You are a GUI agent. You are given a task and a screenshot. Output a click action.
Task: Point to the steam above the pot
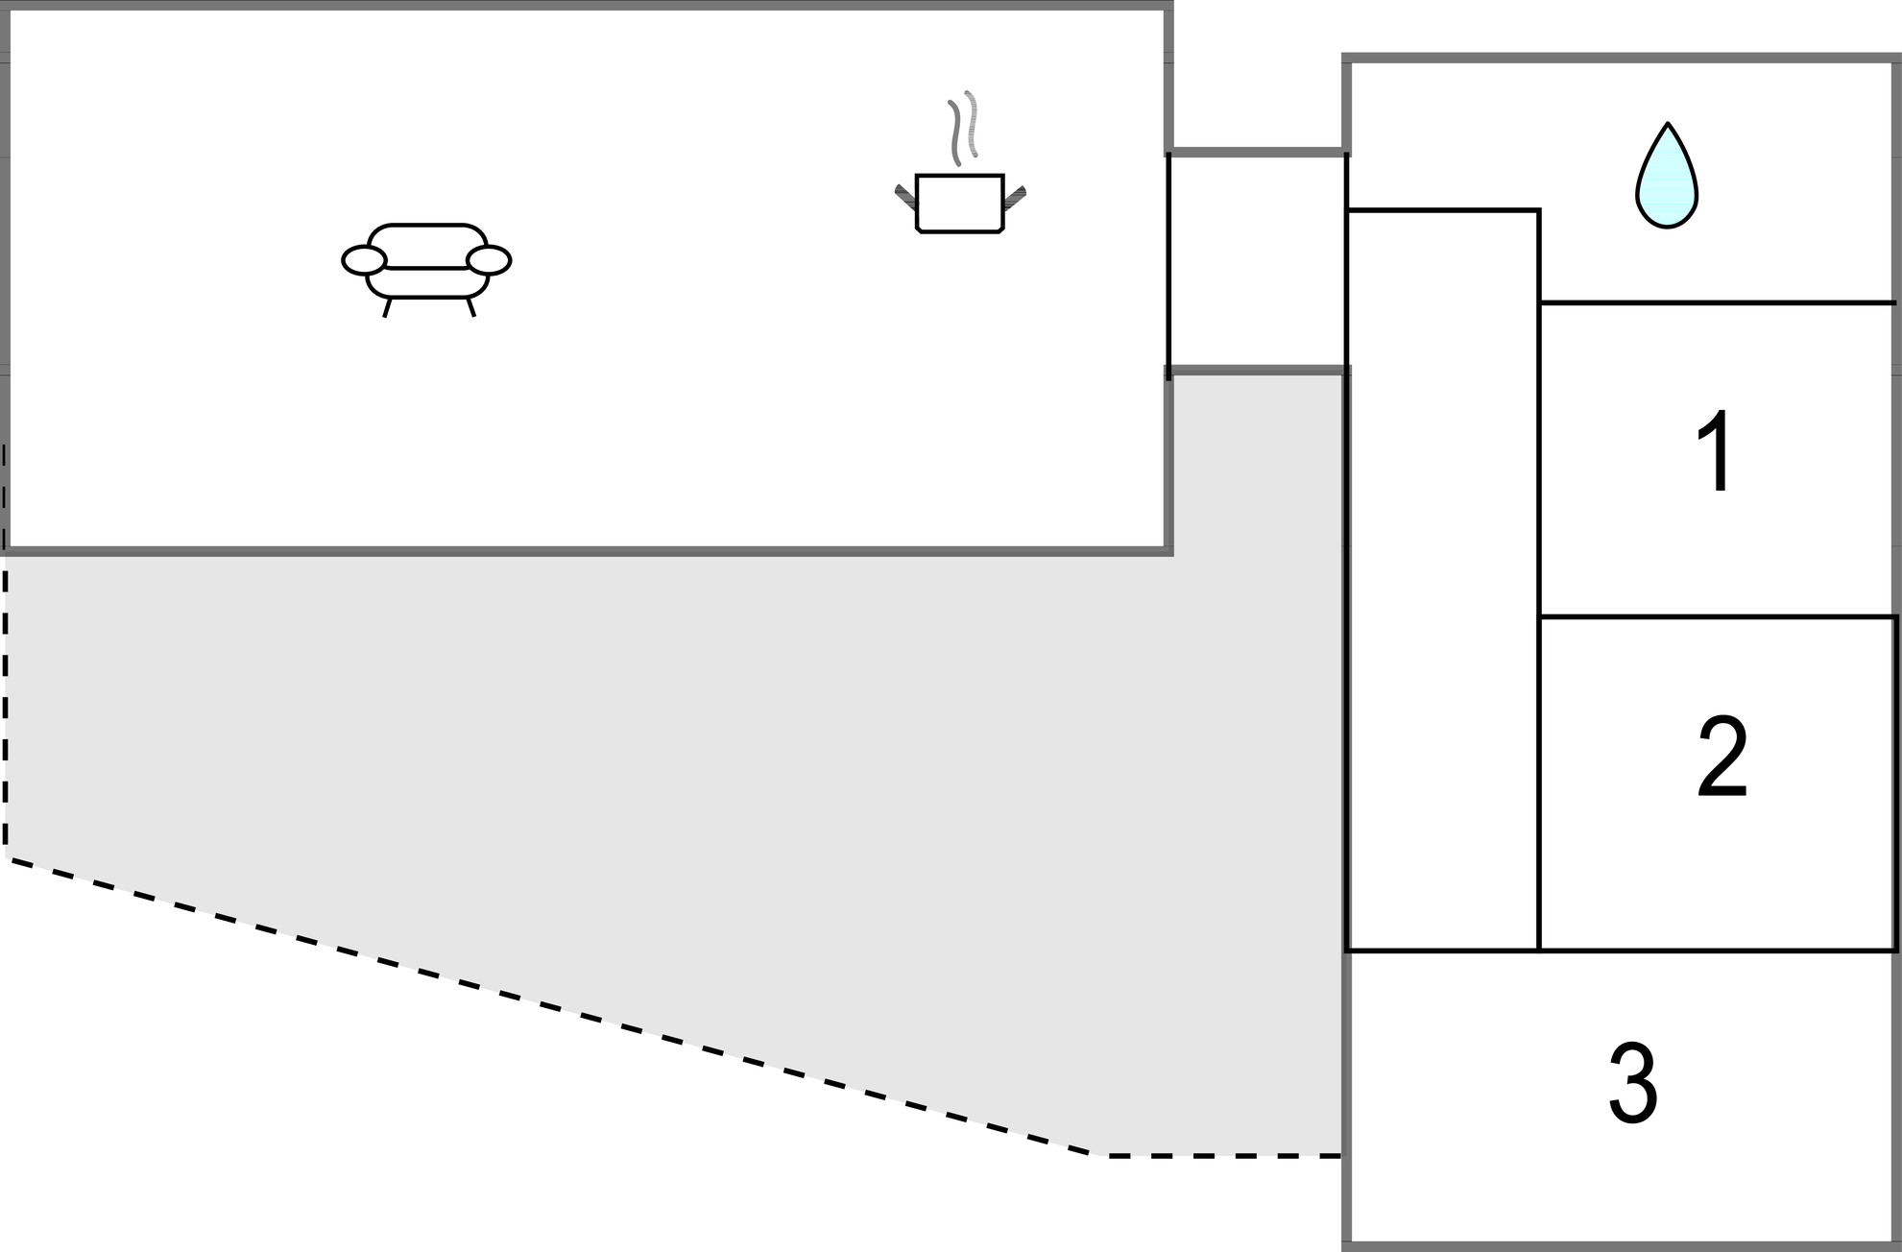(963, 128)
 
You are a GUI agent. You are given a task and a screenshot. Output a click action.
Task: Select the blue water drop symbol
(1667, 176)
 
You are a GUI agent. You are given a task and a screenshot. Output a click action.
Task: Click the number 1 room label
(1716, 450)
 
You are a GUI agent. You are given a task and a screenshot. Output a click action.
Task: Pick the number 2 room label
(1722, 758)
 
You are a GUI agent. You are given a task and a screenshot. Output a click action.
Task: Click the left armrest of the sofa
(364, 260)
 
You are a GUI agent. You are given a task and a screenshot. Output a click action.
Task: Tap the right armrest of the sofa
(489, 260)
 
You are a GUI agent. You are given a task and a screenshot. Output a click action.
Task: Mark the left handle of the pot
(905, 197)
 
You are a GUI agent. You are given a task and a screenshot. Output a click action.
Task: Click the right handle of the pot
(1015, 197)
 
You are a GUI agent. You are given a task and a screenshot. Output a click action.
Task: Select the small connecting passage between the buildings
(1258, 259)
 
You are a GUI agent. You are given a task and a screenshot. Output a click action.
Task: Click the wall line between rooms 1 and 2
(1718, 616)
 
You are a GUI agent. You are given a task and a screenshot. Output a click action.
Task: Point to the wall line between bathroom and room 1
(1718, 303)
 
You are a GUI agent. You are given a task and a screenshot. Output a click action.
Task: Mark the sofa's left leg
(387, 307)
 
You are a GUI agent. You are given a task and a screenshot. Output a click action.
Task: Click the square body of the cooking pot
(960, 204)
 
